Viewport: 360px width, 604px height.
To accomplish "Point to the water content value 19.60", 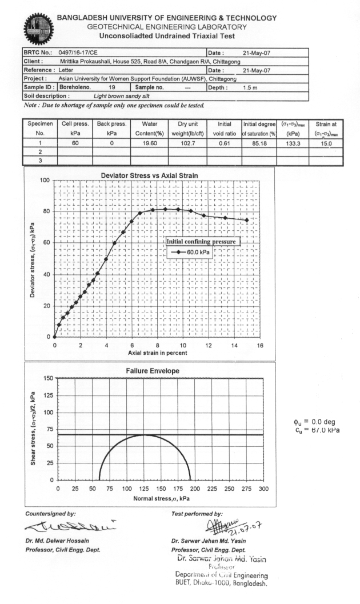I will coord(149,143).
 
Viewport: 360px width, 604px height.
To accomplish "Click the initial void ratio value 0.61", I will coord(224,143).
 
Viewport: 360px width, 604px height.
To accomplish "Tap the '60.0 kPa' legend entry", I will coord(198,251).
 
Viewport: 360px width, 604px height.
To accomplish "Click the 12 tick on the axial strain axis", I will coord(209,345).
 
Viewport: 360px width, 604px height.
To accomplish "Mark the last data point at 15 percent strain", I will coord(247,220).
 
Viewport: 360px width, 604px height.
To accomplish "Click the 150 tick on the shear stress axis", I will coord(50,378).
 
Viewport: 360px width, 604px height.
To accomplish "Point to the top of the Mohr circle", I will coord(145,435).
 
